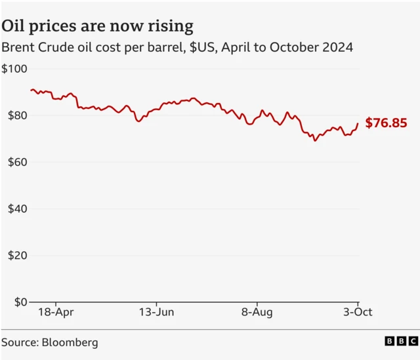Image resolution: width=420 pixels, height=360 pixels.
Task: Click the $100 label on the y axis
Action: (x=14, y=69)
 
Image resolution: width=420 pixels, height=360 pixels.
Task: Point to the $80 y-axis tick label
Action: (x=14, y=115)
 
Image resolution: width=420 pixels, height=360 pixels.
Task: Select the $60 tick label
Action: (x=14, y=162)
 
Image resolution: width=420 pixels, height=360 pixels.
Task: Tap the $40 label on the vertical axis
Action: (x=14, y=209)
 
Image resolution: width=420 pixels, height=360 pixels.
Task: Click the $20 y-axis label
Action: (x=14, y=255)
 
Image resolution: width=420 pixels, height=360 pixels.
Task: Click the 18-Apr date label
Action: (x=55, y=312)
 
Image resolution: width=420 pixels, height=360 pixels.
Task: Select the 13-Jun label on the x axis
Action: (x=156, y=312)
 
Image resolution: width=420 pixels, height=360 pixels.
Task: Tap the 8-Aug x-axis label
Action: (x=257, y=312)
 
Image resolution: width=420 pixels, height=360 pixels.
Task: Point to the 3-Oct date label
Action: (x=358, y=312)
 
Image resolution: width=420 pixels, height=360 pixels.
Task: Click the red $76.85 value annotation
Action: (x=386, y=123)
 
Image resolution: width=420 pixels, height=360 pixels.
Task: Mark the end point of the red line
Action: (x=358, y=123)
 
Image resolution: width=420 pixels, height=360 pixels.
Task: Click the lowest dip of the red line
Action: (x=315, y=140)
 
